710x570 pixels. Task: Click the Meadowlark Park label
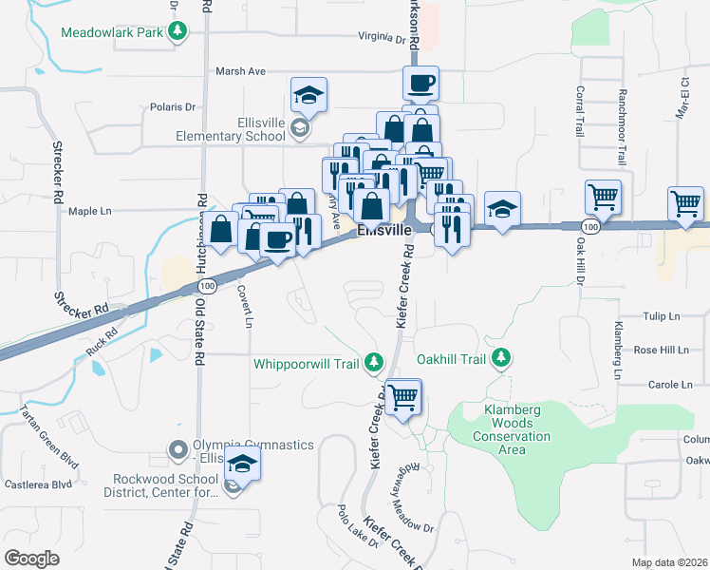pyautogui.click(x=111, y=32)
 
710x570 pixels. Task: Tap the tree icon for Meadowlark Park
pyautogui.click(x=177, y=32)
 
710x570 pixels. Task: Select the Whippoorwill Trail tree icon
pyautogui.click(x=374, y=362)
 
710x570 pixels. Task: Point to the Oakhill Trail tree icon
pyautogui.click(x=502, y=358)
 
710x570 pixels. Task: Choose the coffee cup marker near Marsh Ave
pyautogui.click(x=420, y=82)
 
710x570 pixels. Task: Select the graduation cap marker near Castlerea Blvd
pyautogui.click(x=244, y=464)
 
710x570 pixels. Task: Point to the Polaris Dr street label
pyautogui.click(x=172, y=107)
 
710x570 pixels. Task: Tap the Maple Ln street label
pyautogui.click(x=90, y=211)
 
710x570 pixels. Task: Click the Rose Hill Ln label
pyautogui.click(x=661, y=351)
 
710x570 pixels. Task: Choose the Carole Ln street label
pyautogui.click(x=670, y=385)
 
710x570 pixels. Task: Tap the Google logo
pyautogui.click(x=31, y=558)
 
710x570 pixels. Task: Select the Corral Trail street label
pyautogui.click(x=579, y=112)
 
